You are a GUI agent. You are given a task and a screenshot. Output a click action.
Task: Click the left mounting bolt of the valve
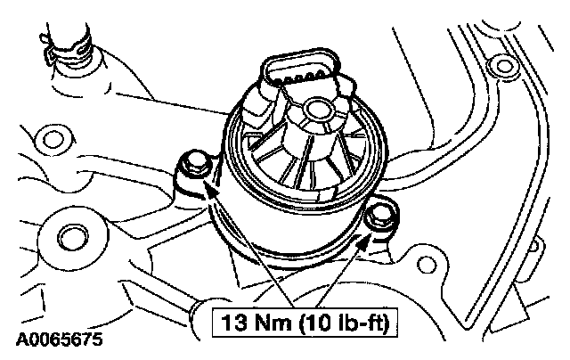[x=194, y=163]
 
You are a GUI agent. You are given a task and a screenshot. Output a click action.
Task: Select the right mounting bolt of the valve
[x=379, y=217]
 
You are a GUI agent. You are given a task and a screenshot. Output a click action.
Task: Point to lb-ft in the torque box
[x=357, y=323]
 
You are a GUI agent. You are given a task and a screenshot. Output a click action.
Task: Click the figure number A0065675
[x=60, y=340]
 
